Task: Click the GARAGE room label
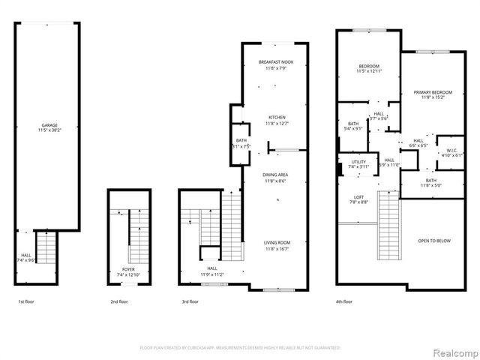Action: click(x=49, y=125)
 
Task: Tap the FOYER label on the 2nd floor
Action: click(x=129, y=269)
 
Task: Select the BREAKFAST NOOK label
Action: click(x=274, y=62)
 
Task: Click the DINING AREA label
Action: click(x=275, y=175)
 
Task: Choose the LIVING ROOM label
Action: click(x=276, y=242)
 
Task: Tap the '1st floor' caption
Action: click(x=25, y=301)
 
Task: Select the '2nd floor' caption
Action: click(x=118, y=301)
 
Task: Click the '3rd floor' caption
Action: click(x=190, y=301)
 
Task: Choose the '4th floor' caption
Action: click(x=344, y=301)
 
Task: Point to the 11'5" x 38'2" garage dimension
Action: click(x=49, y=130)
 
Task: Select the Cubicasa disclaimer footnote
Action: click(x=240, y=348)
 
